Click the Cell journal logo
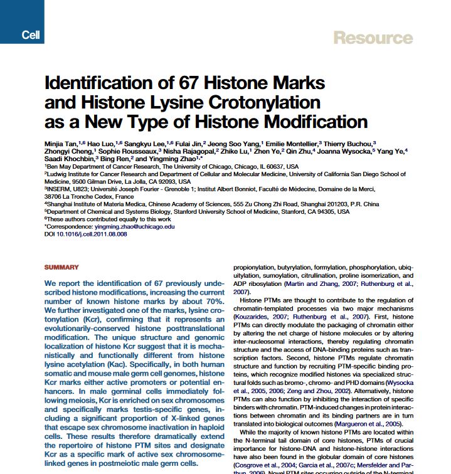tap(30, 35)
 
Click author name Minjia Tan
tap(62, 144)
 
